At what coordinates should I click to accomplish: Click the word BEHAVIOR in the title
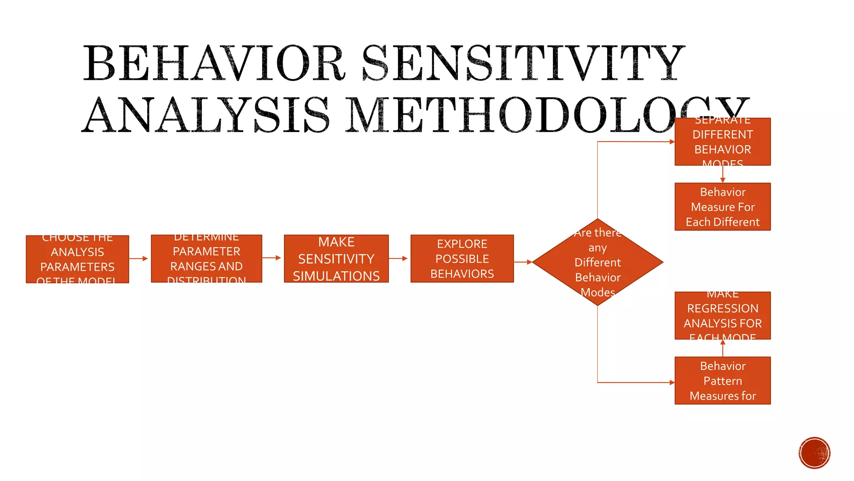point(214,63)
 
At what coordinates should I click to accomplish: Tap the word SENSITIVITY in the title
point(523,63)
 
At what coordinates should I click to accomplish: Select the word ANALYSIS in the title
point(206,115)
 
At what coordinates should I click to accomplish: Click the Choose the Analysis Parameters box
point(78,259)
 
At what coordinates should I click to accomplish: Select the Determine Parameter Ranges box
point(206,259)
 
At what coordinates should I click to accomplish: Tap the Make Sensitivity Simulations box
point(336,259)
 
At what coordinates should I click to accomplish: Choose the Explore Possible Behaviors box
point(462,259)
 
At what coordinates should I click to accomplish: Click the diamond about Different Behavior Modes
point(598,262)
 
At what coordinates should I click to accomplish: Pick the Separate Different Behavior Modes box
point(723,142)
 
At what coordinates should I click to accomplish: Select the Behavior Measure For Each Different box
point(723,207)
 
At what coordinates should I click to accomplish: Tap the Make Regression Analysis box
point(723,316)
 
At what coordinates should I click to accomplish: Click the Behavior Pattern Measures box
point(723,380)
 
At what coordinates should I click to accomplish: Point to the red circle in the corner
point(814,453)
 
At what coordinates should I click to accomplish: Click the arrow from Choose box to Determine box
point(139,258)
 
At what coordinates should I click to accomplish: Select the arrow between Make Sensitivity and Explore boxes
point(399,258)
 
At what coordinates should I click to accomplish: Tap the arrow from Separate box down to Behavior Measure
point(723,175)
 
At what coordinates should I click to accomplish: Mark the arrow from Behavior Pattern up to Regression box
point(723,348)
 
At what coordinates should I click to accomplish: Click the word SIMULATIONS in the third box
point(336,276)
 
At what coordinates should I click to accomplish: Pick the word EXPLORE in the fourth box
point(462,244)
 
